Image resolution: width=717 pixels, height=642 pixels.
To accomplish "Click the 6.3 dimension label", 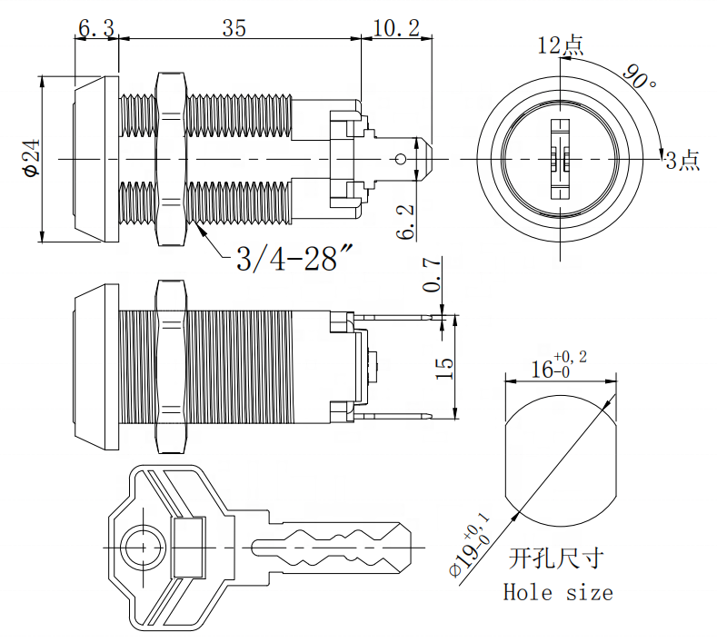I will (x=95, y=28).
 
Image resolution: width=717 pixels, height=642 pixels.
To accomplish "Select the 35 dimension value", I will (x=234, y=28).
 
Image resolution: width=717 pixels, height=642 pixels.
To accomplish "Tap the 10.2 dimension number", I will (x=395, y=28).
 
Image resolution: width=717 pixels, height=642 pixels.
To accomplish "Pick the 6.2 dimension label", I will (x=405, y=221).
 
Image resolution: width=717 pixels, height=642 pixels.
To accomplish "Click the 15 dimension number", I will (x=443, y=368).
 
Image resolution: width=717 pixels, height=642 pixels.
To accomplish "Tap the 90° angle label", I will (x=640, y=78).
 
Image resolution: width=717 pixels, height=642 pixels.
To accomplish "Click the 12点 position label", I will (x=560, y=44).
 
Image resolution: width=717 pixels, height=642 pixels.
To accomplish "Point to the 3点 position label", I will (x=682, y=162).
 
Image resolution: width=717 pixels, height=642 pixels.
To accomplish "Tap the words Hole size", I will (x=558, y=593).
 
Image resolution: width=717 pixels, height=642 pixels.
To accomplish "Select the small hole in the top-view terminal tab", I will (x=400, y=160).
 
